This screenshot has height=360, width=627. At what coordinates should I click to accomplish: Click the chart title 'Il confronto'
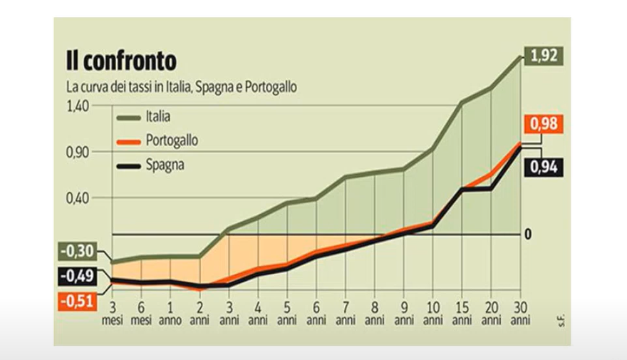click(121, 61)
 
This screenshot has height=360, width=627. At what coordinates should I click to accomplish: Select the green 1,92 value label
click(544, 56)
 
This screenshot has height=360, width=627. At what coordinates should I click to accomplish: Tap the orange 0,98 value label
click(544, 123)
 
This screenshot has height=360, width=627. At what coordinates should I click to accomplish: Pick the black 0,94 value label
click(544, 167)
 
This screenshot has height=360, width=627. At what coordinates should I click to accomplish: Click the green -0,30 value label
click(78, 251)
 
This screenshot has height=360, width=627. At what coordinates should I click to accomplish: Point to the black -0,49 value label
click(78, 276)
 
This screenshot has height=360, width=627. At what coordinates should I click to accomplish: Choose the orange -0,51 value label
click(78, 301)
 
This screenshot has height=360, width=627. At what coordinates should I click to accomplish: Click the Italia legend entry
click(143, 117)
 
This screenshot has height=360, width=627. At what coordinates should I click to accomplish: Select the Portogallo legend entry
click(157, 141)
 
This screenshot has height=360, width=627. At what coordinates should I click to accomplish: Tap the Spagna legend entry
click(150, 165)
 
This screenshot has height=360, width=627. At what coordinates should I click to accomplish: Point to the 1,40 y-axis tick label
click(78, 106)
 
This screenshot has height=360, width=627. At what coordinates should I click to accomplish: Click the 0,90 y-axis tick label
click(78, 153)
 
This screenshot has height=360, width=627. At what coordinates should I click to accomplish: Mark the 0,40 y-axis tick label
click(78, 198)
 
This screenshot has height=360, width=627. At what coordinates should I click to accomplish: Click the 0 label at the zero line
click(528, 235)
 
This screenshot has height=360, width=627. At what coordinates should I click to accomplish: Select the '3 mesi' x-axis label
click(113, 314)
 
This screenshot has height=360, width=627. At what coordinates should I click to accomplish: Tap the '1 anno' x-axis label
click(170, 314)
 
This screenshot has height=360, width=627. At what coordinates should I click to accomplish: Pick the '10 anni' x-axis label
click(433, 314)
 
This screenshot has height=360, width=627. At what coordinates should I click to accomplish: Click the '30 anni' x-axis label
click(520, 314)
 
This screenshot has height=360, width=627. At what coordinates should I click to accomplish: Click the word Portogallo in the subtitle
click(271, 87)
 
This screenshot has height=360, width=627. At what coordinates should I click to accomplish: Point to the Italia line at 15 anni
click(462, 103)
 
